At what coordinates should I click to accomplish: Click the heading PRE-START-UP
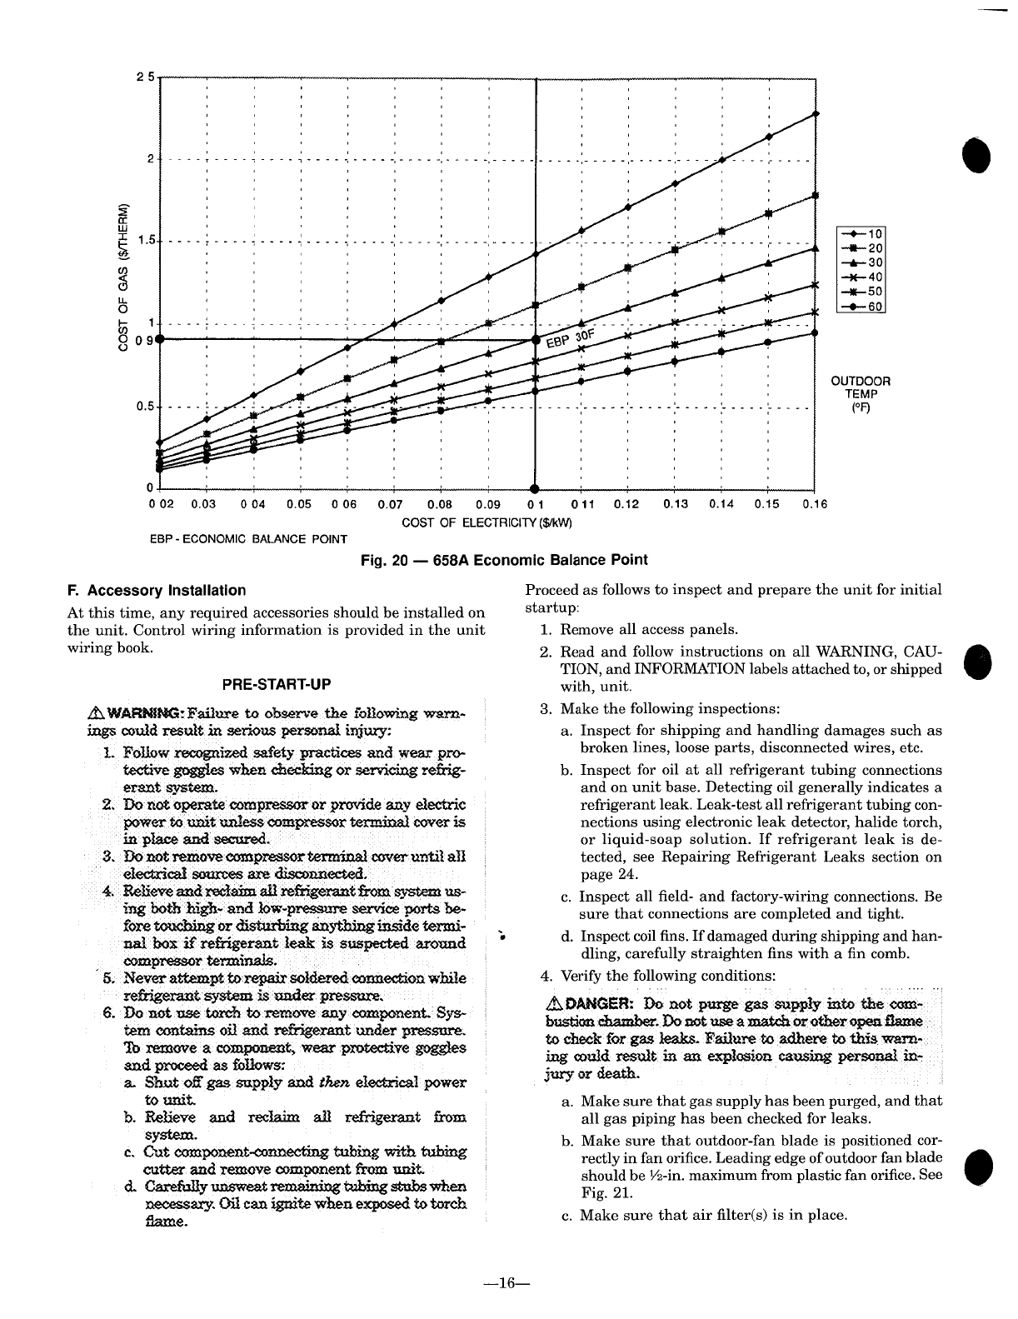click(x=277, y=684)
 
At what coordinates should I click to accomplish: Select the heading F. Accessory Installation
click(x=157, y=591)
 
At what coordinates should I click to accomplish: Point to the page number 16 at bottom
click(x=509, y=1283)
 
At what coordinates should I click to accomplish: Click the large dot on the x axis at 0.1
click(x=534, y=489)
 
